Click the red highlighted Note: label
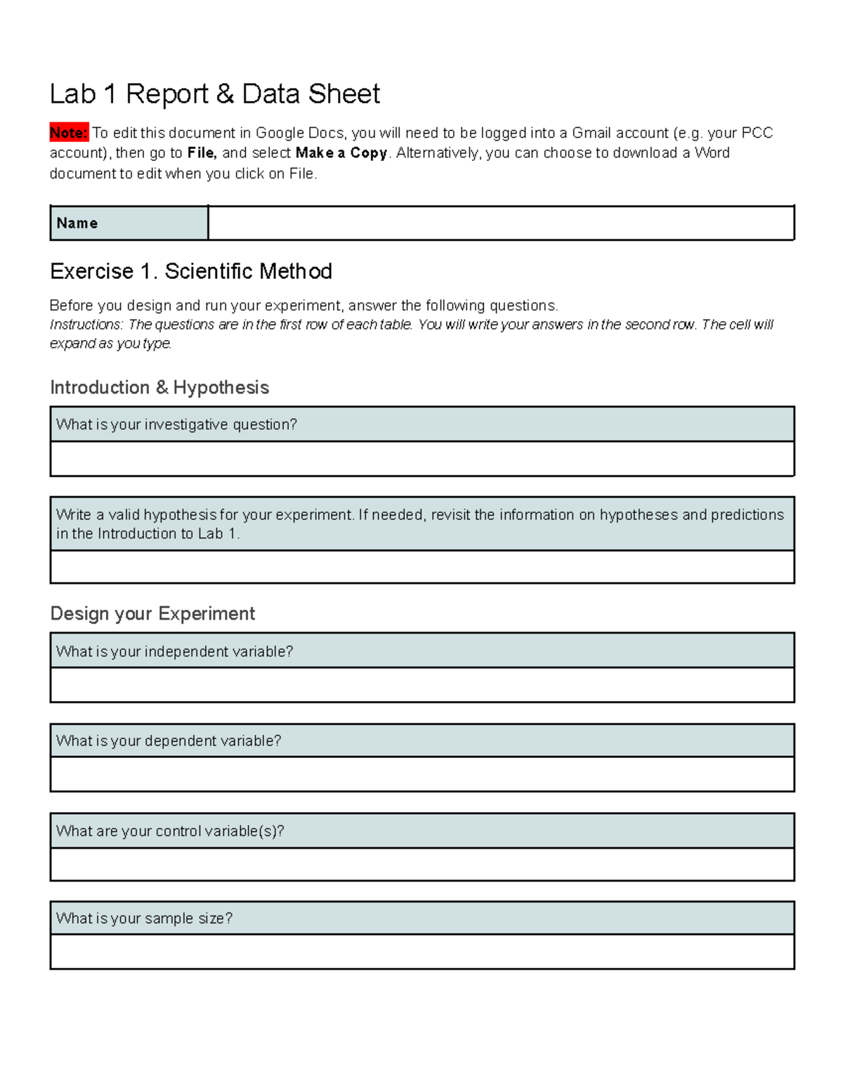point(69,133)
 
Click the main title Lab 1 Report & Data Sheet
point(214,94)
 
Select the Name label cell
point(129,223)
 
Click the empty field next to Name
point(500,223)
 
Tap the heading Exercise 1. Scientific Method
point(191,271)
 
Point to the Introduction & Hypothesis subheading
point(159,388)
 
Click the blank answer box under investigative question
point(421,459)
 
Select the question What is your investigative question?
point(176,424)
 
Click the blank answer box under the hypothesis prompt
point(421,567)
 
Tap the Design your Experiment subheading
point(152,614)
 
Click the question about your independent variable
point(174,651)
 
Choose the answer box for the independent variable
point(421,685)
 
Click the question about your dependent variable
point(169,741)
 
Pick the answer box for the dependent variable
point(421,774)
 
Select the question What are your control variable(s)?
point(170,831)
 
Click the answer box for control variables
point(421,864)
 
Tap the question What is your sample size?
point(144,918)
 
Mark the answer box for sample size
point(421,952)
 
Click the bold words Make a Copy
point(341,153)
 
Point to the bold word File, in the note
point(202,153)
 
